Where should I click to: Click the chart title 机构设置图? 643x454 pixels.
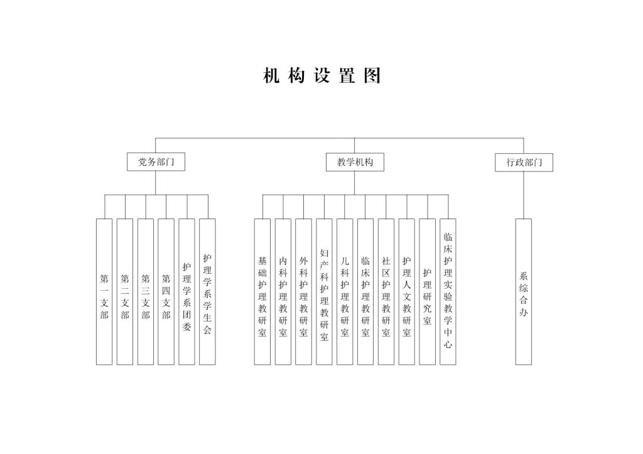pyautogui.click(x=322, y=76)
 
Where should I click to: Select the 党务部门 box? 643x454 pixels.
pyautogui.click(x=156, y=162)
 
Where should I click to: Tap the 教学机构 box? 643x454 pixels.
pyautogui.click(x=355, y=162)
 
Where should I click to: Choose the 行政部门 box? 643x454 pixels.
pyautogui.click(x=524, y=162)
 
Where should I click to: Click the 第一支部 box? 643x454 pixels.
pyautogui.click(x=104, y=291)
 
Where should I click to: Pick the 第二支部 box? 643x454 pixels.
pyautogui.click(x=125, y=291)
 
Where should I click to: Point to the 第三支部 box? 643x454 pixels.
pyautogui.click(x=146, y=291)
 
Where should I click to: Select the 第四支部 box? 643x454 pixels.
pyautogui.click(x=166, y=291)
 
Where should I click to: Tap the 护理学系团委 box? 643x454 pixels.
pyautogui.click(x=186, y=291)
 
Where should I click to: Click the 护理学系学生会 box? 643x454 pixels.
pyautogui.click(x=207, y=291)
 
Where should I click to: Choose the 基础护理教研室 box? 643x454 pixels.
pyautogui.click(x=262, y=291)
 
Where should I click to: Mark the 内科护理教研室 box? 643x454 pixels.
pyautogui.click(x=283, y=291)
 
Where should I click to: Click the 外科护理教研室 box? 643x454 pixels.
pyautogui.click(x=304, y=291)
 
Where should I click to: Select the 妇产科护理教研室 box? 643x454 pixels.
pyautogui.click(x=324, y=291)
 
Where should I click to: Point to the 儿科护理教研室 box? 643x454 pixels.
pyautogui.click(x=345, y=291)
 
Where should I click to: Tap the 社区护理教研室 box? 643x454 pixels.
pyautogui.click(x=386, y=291)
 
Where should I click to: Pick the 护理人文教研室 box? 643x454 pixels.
pyautogui.click(x=407, y=291)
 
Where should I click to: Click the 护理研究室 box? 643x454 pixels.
pyautogui.click(x=428, y=291)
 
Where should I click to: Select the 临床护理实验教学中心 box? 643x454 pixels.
pyautogui.click(x=448, y=291)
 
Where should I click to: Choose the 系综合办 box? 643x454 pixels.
pyautogui.click(x=524, y=291)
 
